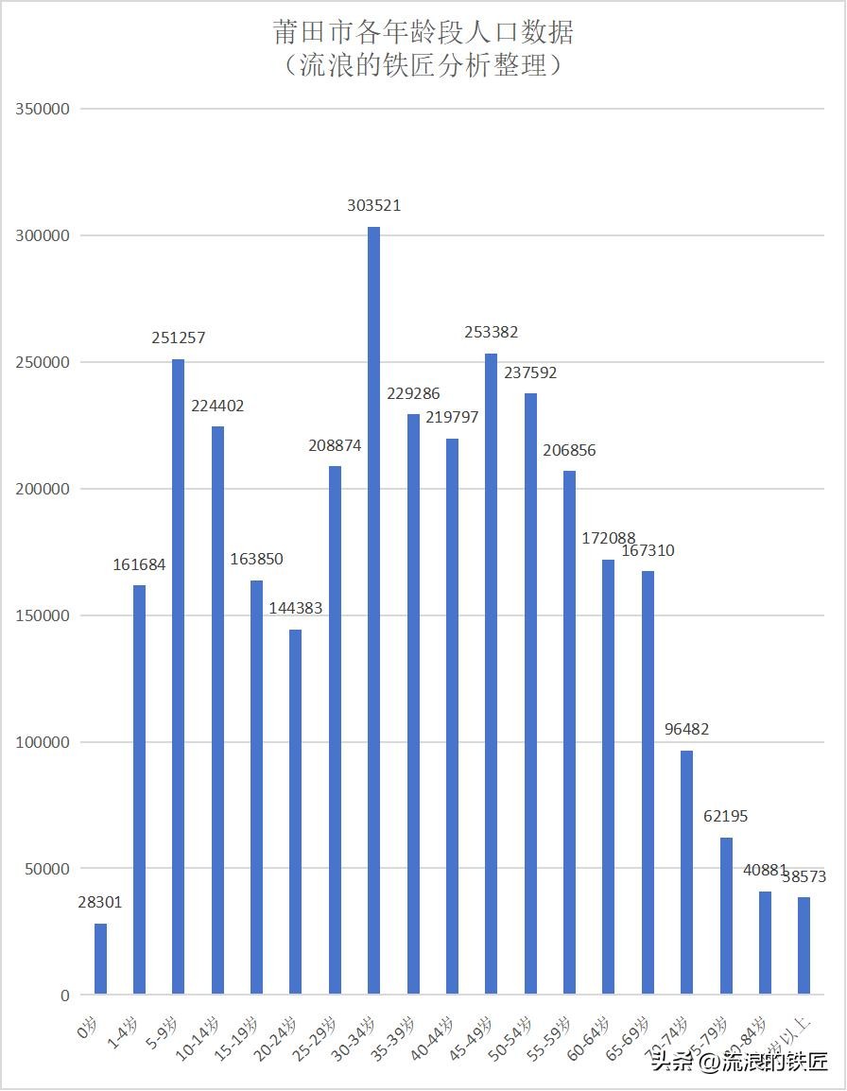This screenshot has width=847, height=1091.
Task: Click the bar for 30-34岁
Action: coord(373,611)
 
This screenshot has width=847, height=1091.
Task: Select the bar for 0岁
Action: coord(100,959)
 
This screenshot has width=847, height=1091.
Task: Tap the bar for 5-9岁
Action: coord(178,677)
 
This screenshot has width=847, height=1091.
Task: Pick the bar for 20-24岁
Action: coord(295,811)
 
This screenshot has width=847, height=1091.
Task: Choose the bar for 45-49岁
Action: coord(491,673)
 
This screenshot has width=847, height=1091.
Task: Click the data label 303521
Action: coord(373,205)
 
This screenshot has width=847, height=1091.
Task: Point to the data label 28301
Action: coord(100,903)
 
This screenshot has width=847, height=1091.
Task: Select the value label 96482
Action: coord(686,730)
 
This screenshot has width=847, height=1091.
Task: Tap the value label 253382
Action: coord(491,333)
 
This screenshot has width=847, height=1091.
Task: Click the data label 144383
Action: coord(295,609)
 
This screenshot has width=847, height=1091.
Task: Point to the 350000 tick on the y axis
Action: coord(43,109)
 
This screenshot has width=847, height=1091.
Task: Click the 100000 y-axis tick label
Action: coord(43,742)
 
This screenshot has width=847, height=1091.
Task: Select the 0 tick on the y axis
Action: coord(65,996)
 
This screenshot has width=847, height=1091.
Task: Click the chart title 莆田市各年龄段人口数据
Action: coord(423,32)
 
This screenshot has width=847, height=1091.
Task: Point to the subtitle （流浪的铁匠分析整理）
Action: coord(423,65)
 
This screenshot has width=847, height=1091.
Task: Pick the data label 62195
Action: coord(726,816)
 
